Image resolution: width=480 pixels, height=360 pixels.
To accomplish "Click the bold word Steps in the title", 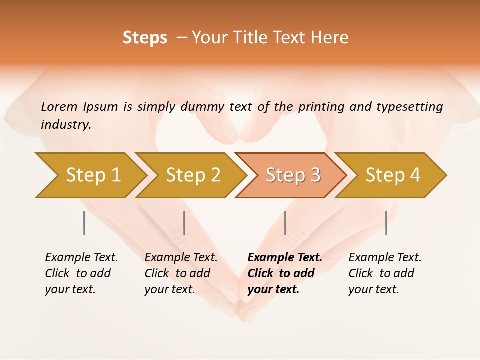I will tap(145, 38).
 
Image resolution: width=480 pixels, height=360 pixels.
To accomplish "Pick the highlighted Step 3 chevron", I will tap(292, 175).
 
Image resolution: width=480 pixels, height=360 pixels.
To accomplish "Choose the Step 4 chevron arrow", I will tap(392, 175).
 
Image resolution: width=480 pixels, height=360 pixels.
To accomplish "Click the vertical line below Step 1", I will tap(84, 223).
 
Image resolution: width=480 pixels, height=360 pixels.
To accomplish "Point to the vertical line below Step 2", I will tap(184, 223).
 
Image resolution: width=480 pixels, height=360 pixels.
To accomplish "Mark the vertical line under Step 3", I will tap(285, 223).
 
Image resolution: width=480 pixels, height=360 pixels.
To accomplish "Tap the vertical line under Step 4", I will tap(386, 223).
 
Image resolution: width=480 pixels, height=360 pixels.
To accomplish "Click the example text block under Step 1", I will tap(81, 273).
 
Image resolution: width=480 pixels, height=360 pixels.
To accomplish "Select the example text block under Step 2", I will tap(181, 273).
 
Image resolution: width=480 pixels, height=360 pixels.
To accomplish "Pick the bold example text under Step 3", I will tap(285, 273).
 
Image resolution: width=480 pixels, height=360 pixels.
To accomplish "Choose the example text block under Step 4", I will tap(385, 273).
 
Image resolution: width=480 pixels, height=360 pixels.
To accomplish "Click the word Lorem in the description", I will tap(59, 106).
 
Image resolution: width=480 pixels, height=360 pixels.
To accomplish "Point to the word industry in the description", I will tap(66, 125).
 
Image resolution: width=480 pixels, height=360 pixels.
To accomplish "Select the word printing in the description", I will tap(321, 107).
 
